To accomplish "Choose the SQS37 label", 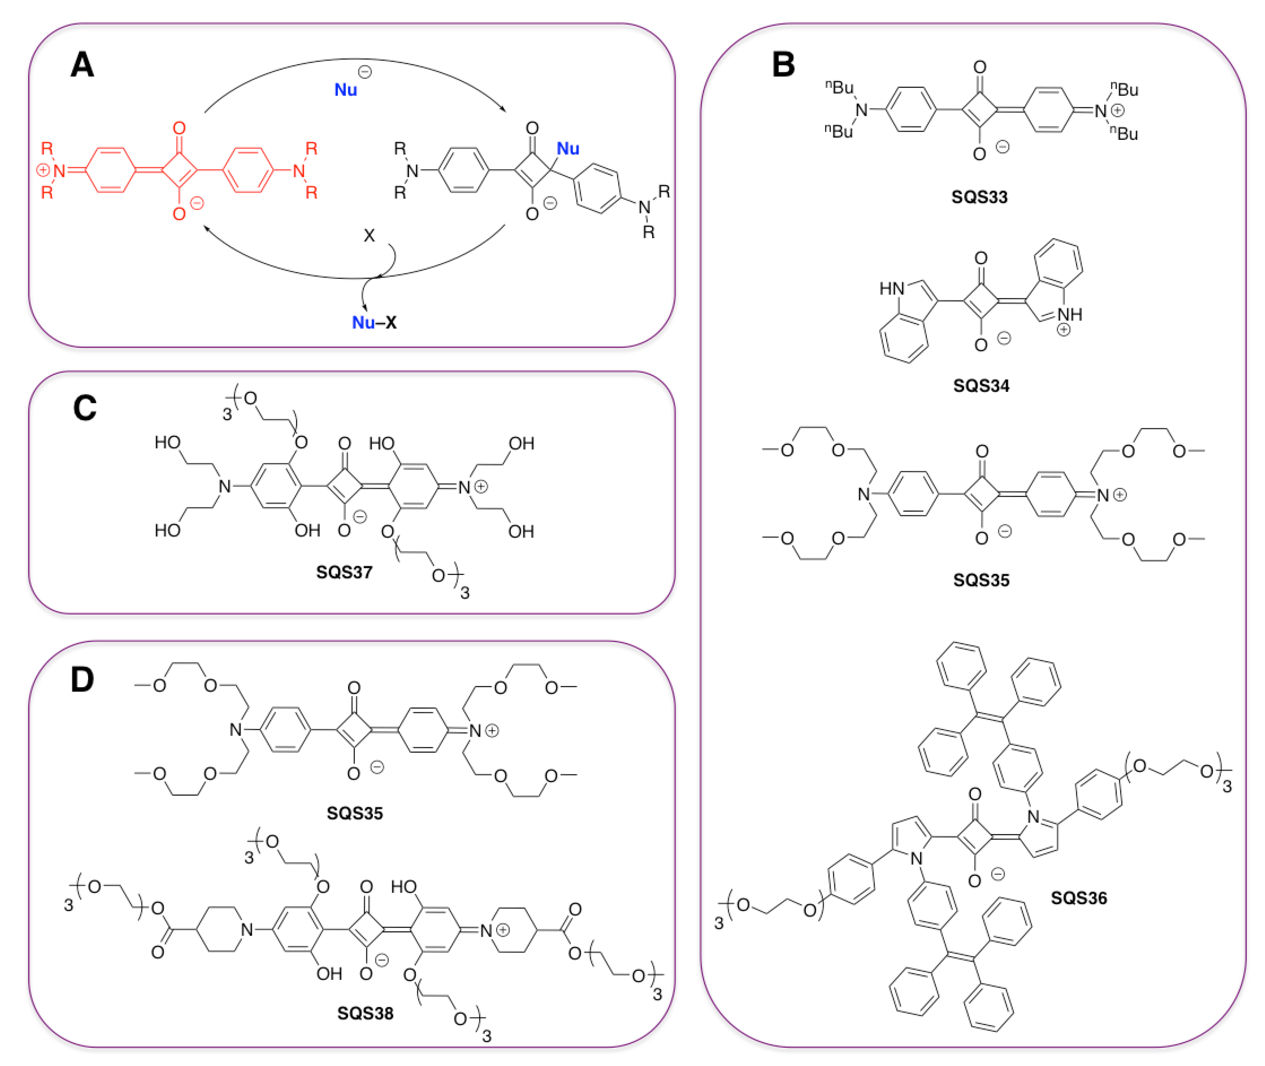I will click(344, 572).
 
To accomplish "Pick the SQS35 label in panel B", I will click(981, 580).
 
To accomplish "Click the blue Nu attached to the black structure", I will click(568, 149).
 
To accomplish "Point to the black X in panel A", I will click(369, 236).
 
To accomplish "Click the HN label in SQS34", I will click(891, 289).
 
